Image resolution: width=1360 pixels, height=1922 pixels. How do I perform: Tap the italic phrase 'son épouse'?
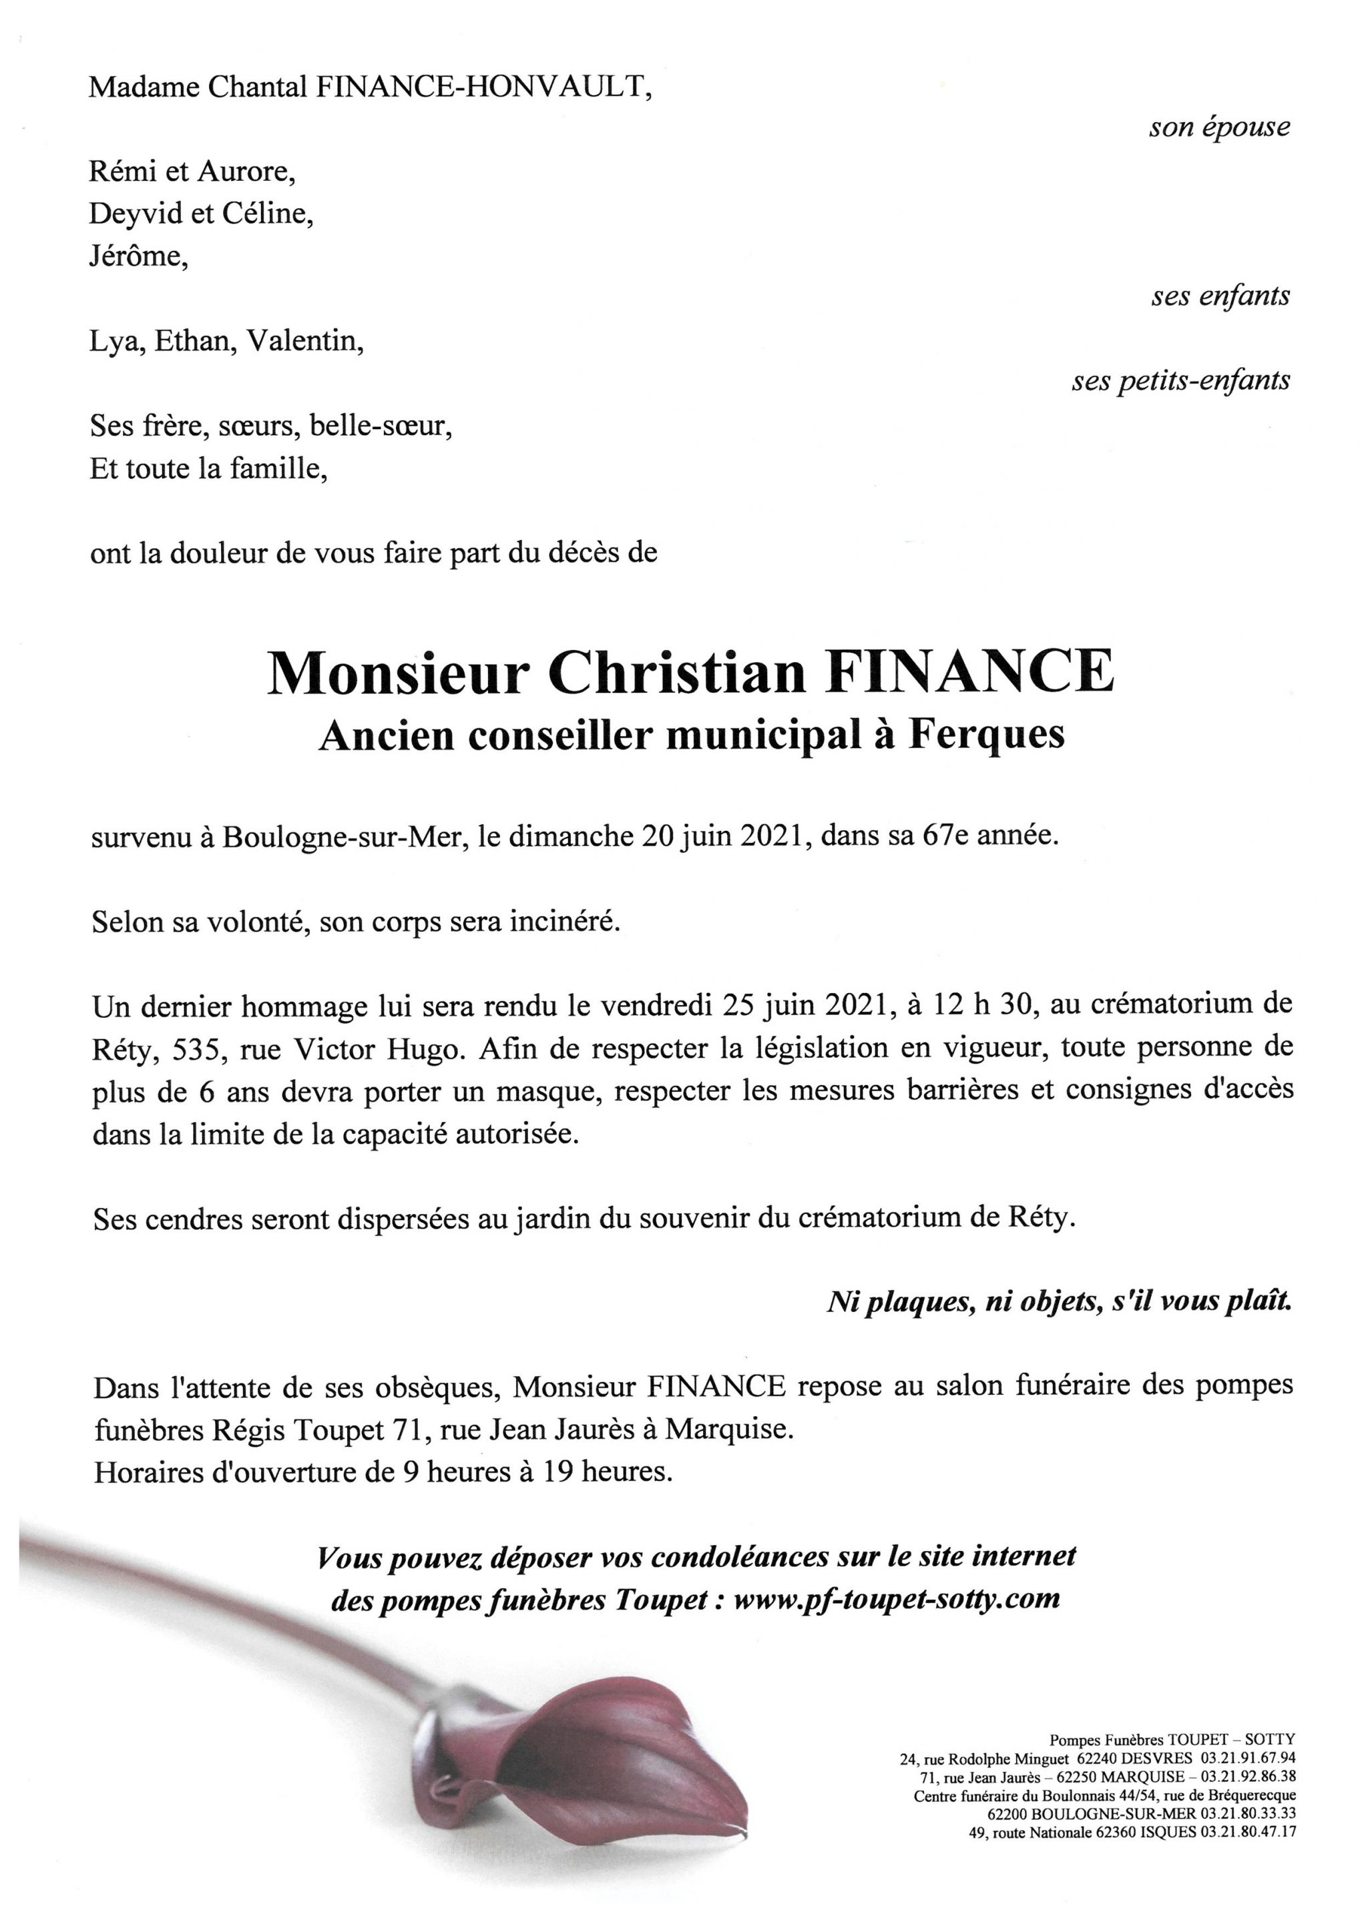point(1218,127)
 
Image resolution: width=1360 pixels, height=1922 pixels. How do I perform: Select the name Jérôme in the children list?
point(138,256)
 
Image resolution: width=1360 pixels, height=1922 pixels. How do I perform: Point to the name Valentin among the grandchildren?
point(304,342)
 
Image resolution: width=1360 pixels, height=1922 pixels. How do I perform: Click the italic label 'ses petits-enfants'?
point(1181,382)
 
